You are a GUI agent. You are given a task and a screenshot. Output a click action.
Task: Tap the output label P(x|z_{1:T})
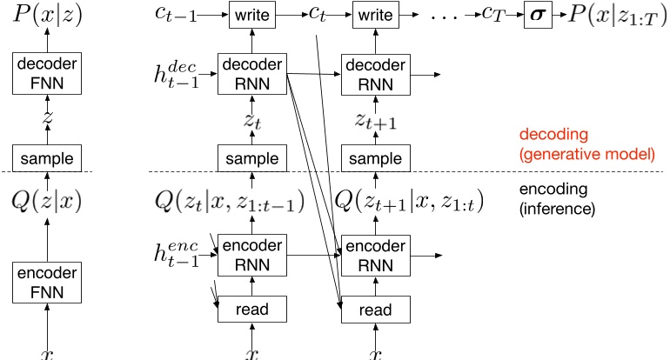[614, 15]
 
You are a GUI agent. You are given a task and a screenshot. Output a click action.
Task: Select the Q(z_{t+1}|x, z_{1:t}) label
[409, 203]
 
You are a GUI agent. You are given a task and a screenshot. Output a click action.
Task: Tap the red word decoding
[549, 136]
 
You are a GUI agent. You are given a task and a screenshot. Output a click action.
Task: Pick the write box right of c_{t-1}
[251, 15]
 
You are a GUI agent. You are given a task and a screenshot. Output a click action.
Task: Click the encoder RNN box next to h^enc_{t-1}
[251, 254]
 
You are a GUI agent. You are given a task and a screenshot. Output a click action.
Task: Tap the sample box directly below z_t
[251, 159]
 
